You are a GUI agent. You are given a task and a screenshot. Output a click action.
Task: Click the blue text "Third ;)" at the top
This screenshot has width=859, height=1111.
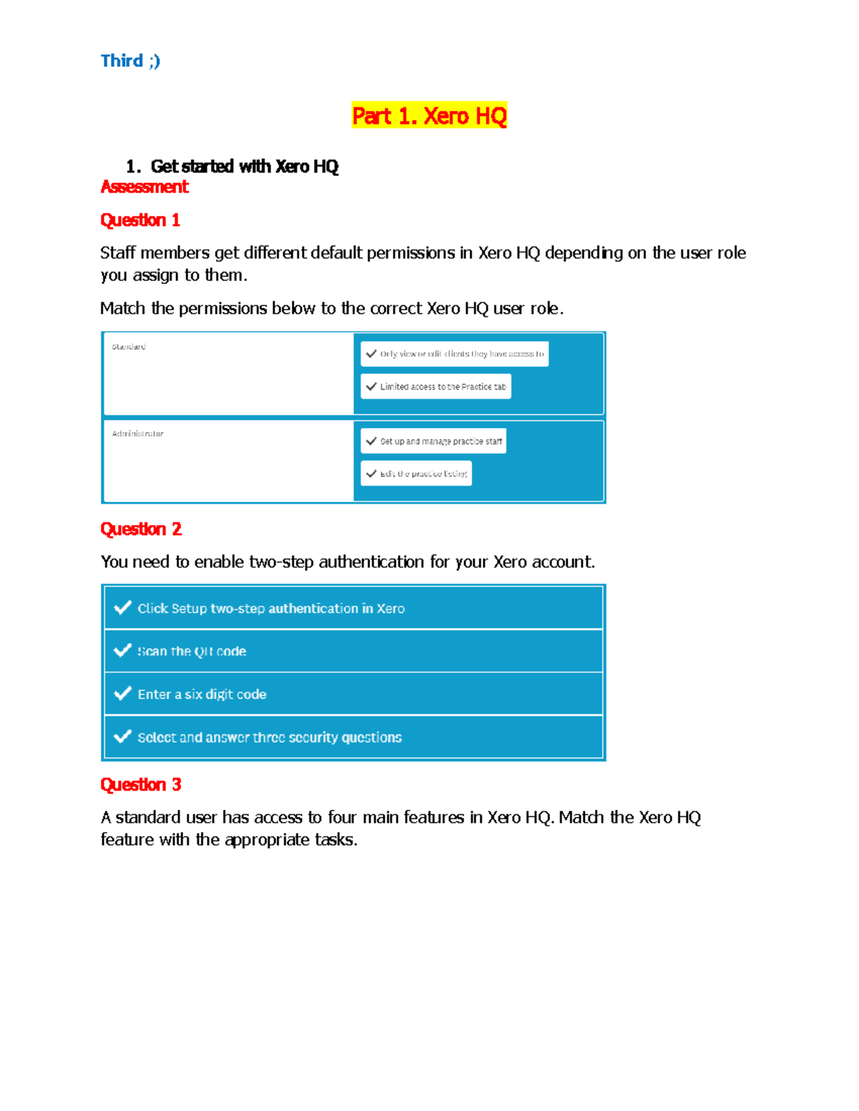click(x=130, y=61)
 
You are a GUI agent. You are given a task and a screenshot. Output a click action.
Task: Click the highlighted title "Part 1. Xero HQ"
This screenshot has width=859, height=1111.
click(x=429, y=116)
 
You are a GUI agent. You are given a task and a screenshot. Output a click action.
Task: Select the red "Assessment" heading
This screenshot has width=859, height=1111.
click(x=144, y=187)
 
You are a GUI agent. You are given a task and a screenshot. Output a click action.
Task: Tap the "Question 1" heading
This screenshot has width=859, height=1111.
click(x=140, y=220)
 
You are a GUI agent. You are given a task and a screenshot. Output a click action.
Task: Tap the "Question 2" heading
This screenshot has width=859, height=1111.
click(x=141, y=529)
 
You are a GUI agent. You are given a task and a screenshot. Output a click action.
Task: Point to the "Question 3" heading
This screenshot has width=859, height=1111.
click(x=140, y=785)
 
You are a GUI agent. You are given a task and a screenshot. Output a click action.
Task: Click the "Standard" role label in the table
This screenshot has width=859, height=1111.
click(x=129, y=347)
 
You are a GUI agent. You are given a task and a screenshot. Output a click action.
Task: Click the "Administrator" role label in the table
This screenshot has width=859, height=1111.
click(x=137, y=434)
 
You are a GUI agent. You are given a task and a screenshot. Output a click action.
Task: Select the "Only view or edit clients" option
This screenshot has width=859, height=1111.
click(x=455, y=354)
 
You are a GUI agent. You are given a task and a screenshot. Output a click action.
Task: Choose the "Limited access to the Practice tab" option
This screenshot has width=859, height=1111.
click(x=436, y=386)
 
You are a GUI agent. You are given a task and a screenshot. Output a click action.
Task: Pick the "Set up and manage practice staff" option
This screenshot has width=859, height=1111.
click(x=434, y=441)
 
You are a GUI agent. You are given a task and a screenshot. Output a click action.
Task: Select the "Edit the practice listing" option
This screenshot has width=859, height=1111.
click(x=417, y=474)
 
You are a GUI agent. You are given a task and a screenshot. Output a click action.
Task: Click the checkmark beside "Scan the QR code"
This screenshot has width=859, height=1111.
click(x=123, y=650)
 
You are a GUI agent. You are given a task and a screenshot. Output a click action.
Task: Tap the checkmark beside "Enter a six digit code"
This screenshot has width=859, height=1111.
click(x=123, y=693)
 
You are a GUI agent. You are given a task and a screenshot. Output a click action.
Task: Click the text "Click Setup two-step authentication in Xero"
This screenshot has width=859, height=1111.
click(x=271, y=608)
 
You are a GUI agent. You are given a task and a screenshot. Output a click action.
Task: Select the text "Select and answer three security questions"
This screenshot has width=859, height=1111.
click(x=269, y=737)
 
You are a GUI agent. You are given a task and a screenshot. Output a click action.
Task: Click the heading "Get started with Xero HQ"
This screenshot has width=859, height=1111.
click(x=244, y=167)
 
